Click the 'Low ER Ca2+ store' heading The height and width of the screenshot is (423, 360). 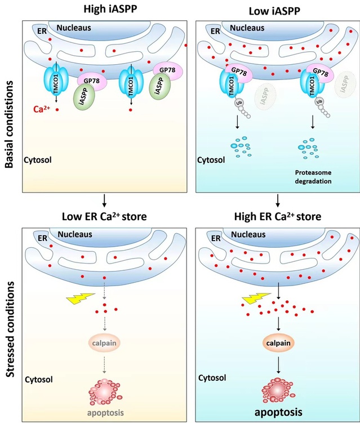(x=104, y=217)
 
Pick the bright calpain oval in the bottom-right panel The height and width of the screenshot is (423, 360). (x=278, y=342)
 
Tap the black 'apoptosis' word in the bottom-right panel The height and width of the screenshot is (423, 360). (x=278, y=412)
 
